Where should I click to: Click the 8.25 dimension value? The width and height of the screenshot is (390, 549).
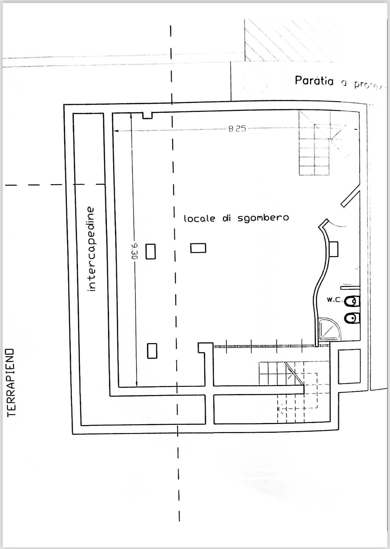(x=237, y=129)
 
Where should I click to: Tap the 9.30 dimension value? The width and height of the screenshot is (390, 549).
(x=134, y=251)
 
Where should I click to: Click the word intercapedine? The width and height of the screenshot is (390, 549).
(x=91, y=249)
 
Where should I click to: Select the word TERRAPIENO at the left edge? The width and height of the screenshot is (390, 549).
(x=12, y=382)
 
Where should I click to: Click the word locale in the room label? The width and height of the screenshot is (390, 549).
(x=199, y=218)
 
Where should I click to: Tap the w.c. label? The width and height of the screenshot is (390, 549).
(x=334, y=299)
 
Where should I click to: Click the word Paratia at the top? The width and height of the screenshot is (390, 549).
(x=314, y=81)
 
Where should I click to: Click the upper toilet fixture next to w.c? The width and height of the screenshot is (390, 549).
(x=351, y=301)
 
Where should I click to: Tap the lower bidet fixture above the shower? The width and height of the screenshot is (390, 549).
(x=351, y=318)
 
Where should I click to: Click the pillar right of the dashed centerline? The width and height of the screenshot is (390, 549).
(x=198, y=248)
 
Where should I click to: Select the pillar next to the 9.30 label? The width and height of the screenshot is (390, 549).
(x=151, y=251)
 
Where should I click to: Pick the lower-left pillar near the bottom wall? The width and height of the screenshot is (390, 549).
(x=152, y=351)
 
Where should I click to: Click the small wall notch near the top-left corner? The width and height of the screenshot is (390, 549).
(x=148, y=116)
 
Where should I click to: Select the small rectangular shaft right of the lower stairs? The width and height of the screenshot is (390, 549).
(x=349, y=366)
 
